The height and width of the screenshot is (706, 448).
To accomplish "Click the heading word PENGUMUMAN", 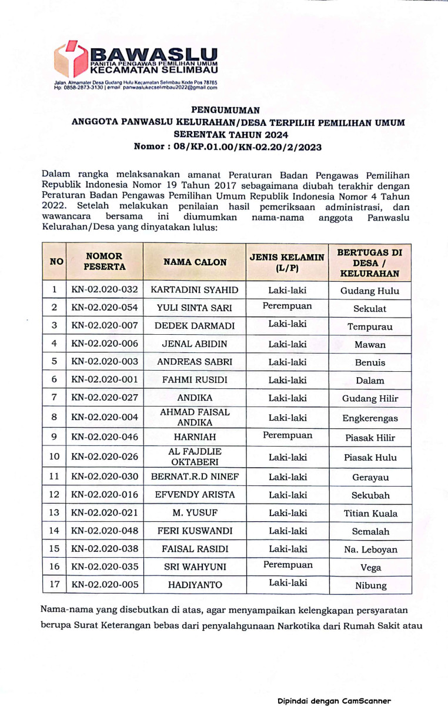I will pyautogui.click(x=226, y=109).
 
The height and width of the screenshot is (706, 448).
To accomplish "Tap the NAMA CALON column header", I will pyautogui.click(x=195, y=262).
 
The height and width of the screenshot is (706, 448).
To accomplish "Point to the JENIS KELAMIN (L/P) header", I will pyautogui.click(x=287, y=262).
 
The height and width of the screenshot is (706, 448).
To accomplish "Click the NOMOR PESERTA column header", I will pyautogui.click(x=105, y=262).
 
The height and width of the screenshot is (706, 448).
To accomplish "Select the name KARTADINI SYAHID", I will pyautogui.click(x=195, y=290).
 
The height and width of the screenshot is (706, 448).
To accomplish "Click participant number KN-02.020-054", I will pyautogui.click(x=105, y=308).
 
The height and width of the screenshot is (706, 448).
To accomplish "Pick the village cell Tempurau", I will pyautogui.click(x=370, y=327).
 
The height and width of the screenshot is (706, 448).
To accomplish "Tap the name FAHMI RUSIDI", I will pyautogui.click(x=195, y=380).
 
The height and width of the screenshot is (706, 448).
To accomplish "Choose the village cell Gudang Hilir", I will pyautogui.click(x=370, y=399).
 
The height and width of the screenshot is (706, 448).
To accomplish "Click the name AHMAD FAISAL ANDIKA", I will pyautogui.click(x=195, y=418).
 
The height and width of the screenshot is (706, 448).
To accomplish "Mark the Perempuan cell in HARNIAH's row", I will pyautogui.click(x=287, y=436).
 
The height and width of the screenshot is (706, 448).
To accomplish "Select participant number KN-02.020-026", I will pyautogui.click(x=105, y=457).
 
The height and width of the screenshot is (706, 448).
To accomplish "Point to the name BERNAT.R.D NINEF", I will pyautogui.click(x=195, y=477).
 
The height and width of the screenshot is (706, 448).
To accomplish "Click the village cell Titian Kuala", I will pyautogui.click(x=370, y=514).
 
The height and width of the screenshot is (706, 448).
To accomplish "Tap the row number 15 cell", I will pyautogui.click(x=54, y=549).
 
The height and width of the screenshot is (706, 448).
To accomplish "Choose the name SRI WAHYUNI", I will pyautogui.click(x=195, y=567).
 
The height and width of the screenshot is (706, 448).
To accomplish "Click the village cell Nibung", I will pyautogui.click(x=370, y=586).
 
